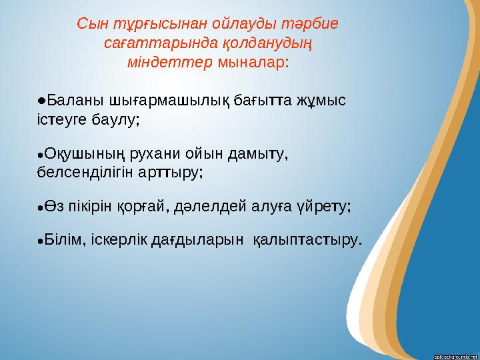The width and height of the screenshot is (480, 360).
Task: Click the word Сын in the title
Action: [x=91, y=24]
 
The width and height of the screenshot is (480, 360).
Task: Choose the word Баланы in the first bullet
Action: [x=72, y=101]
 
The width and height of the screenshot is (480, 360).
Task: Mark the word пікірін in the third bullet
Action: [x=91, y=205]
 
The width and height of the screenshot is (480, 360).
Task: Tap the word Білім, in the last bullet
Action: [x=64, y=239]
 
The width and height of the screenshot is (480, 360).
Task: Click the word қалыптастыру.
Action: [x=309, y=239]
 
